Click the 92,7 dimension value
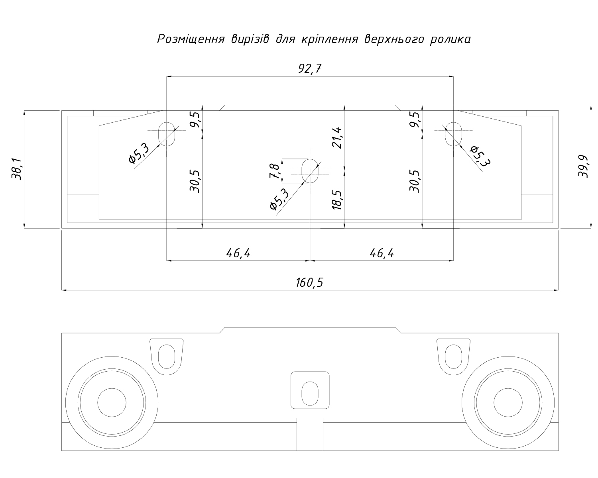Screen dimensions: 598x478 [x=310, y=69]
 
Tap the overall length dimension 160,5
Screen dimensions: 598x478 [x=309, y=283]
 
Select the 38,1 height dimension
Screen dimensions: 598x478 [x=17, y=169]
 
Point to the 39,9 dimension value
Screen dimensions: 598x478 [x=583, y=167]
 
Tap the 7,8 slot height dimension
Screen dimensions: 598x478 [x=274, y=171]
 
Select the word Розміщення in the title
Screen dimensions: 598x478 [x=191, y=39]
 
